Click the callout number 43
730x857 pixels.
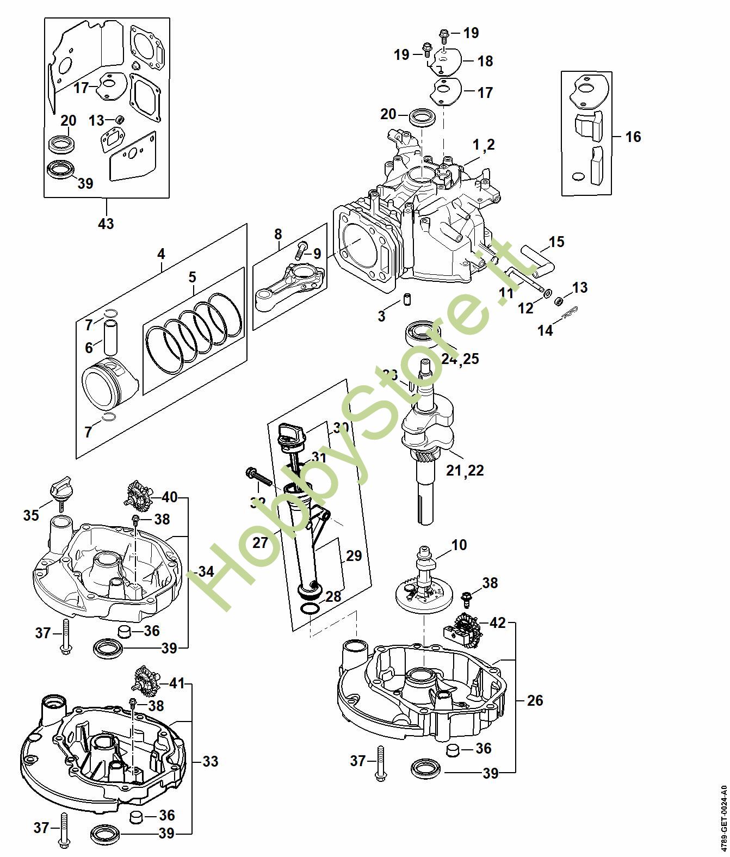coord(106,223)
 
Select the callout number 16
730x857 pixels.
coord(633,136)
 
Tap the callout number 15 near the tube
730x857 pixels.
coord(556,242)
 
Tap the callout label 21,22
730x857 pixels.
coord(465,470)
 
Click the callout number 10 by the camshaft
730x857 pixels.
coord(459,544)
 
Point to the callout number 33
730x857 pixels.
coord(211,761)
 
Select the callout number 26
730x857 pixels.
coord(535,700)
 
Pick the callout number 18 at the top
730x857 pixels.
coord(485,60)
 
